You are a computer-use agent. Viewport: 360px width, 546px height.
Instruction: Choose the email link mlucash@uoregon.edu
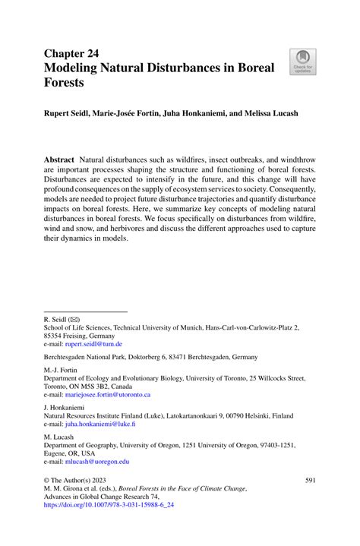96,461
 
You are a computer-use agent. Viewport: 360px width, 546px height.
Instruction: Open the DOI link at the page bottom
117,503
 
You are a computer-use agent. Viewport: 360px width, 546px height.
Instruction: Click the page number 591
310,481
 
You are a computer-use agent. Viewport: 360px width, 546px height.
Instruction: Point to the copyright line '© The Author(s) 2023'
77,481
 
